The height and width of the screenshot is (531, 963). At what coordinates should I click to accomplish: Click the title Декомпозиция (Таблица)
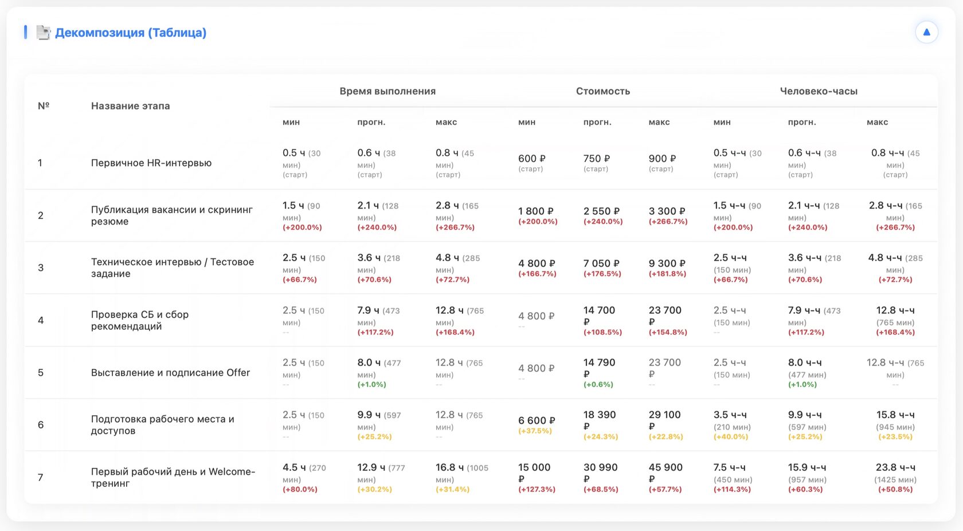pos(130,33)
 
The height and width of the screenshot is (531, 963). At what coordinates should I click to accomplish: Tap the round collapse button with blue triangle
pos(926,32)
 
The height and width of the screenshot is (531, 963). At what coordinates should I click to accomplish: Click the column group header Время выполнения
pos(387,91)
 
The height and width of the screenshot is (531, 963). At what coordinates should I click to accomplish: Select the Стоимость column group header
pos(602,91)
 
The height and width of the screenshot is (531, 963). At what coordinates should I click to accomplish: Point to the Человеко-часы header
pos(819,91)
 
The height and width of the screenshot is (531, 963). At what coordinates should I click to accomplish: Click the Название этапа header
pos(130,106)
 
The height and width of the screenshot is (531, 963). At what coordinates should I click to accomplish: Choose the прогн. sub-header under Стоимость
pos(597,122)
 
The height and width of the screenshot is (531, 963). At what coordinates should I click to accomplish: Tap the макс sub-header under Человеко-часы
pos(877,122)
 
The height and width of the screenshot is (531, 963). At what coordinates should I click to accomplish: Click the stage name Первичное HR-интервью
pos(151,163)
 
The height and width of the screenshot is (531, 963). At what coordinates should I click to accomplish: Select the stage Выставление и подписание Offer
pos(170,372)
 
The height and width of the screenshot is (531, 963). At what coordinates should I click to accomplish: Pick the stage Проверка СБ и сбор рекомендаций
pos(140,320)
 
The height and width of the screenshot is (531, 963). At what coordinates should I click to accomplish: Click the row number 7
pos(41,477)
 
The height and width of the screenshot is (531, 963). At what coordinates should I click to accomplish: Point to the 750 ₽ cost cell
pos(597,159)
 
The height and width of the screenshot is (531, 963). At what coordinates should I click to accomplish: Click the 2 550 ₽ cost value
pos(601,211)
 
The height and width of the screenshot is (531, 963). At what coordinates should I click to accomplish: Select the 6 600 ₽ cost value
pos(537,420)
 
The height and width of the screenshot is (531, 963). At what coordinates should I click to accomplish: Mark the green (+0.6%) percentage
pos(598,384)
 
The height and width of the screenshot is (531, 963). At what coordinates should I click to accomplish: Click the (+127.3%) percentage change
pos(537,489)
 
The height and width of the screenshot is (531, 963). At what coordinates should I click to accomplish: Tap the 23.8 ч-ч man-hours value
pos(895,467)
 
